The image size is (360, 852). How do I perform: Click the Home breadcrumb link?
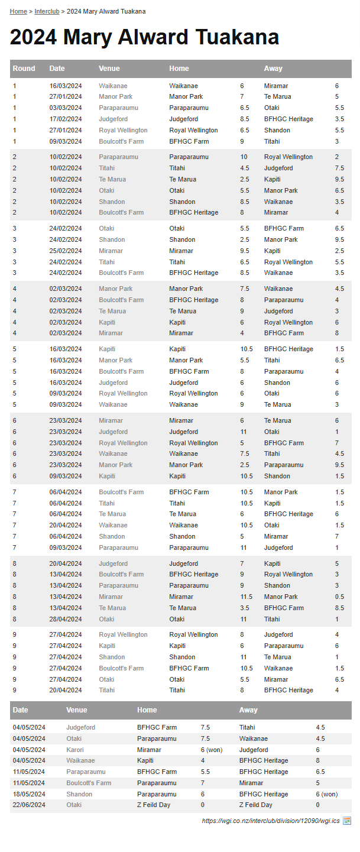coord(18,11)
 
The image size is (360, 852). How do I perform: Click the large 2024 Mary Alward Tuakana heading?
coord(144,38)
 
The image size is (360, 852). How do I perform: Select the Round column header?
coord(24,69)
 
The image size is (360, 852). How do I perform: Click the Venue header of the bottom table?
coord(77,710)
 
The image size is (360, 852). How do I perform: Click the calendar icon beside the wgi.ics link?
coord(347,821)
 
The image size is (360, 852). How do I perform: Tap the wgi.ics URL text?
coord(271,821)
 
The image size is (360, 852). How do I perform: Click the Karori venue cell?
coord(75,750)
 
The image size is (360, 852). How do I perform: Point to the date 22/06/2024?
coord(29,805)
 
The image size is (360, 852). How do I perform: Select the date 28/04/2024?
coord(66,619)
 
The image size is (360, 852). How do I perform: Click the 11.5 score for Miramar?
coord(247,597)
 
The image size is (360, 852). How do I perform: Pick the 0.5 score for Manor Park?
coord(339,597)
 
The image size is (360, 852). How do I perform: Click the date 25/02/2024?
coord(66,251)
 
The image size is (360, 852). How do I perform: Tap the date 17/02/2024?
coord(66,119)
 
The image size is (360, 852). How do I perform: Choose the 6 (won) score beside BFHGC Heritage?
coord(326,794)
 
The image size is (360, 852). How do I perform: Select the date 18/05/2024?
coord(29,794)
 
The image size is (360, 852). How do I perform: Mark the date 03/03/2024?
coord(66,108)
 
